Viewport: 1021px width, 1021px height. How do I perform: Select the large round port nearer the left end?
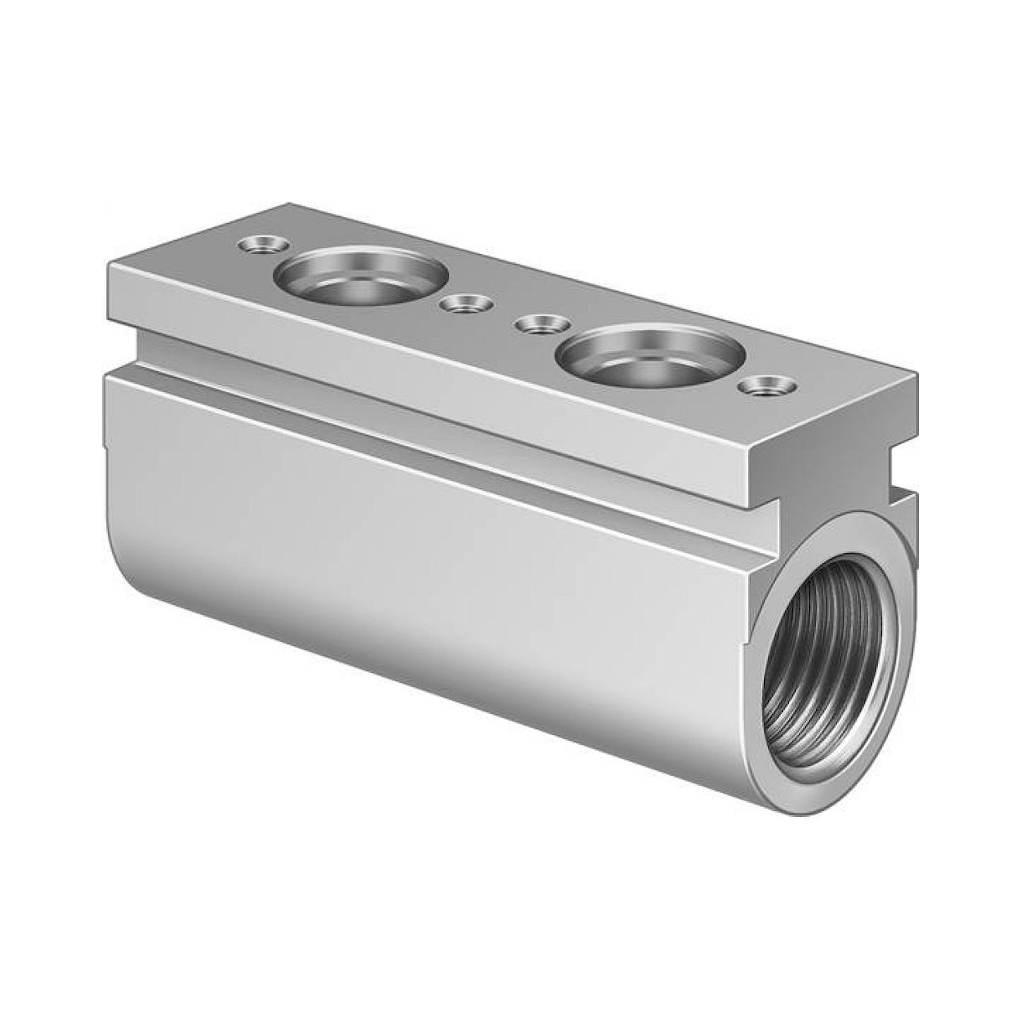(363, 277)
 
